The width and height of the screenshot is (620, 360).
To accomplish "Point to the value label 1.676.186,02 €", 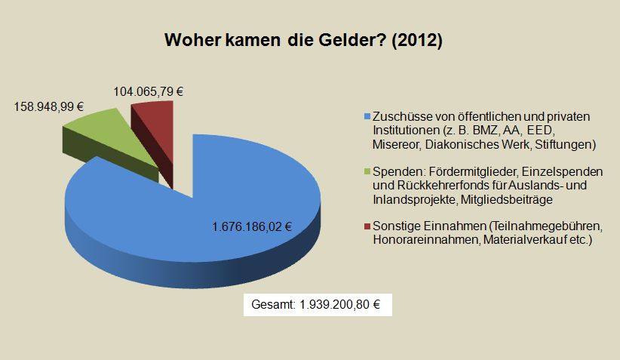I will [x=252, y=226].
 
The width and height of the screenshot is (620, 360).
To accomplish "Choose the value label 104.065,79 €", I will [x=149, y=91].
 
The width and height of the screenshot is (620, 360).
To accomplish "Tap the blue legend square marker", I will [x=367, y=117].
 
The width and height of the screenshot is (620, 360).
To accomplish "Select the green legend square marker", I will [x=367, y=172].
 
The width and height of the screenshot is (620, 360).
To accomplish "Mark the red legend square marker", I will [x=367, y=226].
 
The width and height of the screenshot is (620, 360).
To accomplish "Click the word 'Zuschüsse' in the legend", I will [x=401, y=117].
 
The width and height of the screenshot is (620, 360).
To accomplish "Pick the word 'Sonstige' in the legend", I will [x=397, y=226].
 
